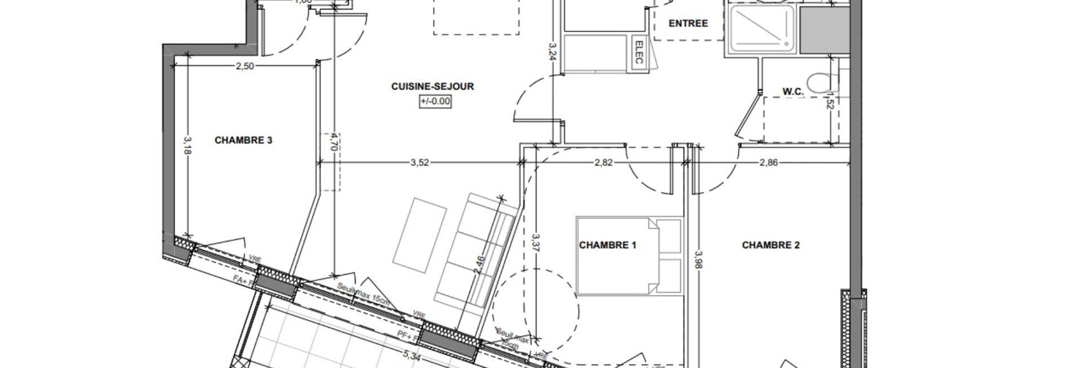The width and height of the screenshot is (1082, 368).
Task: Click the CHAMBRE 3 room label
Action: pos(243,140)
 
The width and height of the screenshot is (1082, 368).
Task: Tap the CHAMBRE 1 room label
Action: pos(607,245)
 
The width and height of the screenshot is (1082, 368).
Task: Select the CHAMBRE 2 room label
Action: pos(770,245)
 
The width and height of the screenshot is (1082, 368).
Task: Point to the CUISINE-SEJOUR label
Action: pos(432,86)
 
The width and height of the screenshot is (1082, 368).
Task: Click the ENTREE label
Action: pos(688,23)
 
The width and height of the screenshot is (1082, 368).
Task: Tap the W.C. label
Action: pos(793,91)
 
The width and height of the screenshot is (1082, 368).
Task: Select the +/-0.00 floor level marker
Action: pos(435,101)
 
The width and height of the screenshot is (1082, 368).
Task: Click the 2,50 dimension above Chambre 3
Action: pos(245,66)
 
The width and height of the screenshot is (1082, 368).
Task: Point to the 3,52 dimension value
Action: pos(419,162)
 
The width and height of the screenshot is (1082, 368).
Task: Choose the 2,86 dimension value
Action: pos(768,162)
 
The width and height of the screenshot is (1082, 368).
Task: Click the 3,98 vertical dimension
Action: pos(697,259)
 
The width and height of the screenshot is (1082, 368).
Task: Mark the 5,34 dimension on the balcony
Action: pos(412,355)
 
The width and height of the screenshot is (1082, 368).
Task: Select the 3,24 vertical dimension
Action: pos(553,55)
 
